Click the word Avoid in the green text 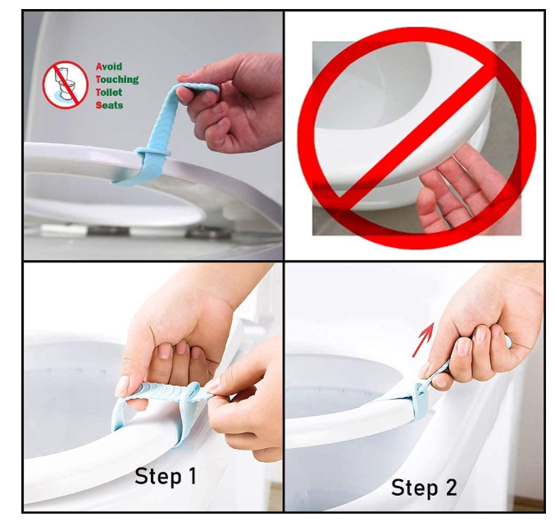[109, 66]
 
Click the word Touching [117, 80]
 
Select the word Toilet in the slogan [109, 92]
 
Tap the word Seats [109, 105]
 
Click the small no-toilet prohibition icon [66, 85]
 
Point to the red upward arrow [424, 340]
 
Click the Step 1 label [166, 476]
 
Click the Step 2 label [424, 487]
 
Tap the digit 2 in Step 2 [451, 487]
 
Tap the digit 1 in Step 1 [192, 475]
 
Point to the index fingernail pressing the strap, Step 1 [122, 386]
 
